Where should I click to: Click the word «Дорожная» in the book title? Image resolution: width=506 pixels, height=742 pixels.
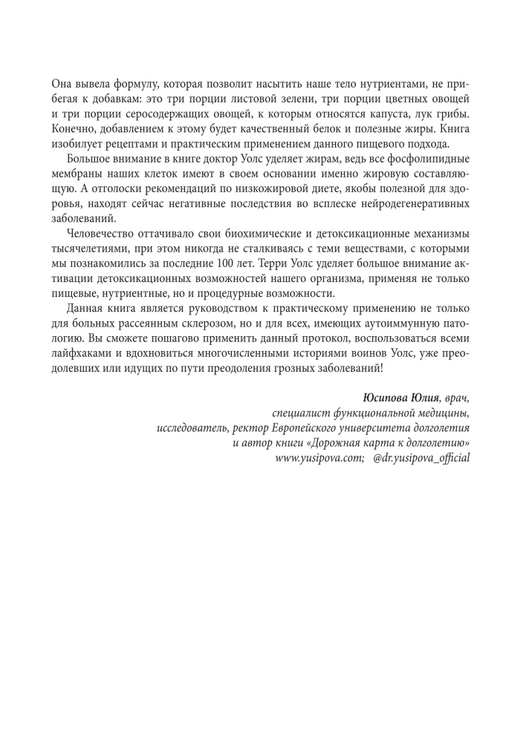click(336, 443)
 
